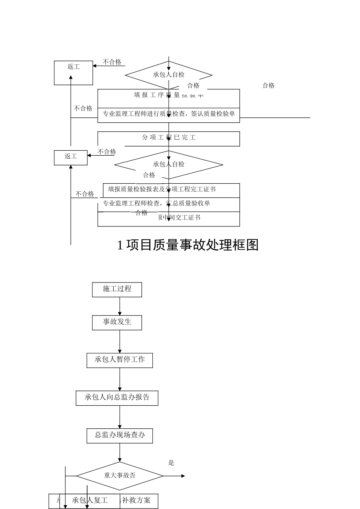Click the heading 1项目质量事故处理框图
click(x=188, y=245)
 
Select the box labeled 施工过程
click(x=117, y=289)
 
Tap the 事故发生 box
click(x=117, y=322)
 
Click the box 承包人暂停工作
click(x=120, y=360)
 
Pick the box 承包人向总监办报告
click(x=117, y=398)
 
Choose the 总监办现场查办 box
click(x=120, y=435)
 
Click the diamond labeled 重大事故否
click(x=120, y=476)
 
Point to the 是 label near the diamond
click(x=171, y=463)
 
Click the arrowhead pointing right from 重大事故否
click(x=183, y=476)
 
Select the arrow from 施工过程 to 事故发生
click(x=120, y=306)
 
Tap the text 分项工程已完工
click(x=169, y=137)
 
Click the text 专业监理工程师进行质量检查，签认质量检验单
click(x=169, y=114)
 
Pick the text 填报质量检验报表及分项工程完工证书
click(x=162, y=189)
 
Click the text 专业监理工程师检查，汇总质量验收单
click(x=156, y=203)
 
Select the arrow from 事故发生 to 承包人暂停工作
click(x=120, y=341)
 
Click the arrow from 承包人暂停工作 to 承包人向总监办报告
click(x=120, y=379)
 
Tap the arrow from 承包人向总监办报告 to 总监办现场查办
click(x=120, y=417)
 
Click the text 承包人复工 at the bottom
click(x=90, y=500)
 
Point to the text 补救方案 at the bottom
click(x=136, y=500)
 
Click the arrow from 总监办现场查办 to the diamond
click(x=120, y=453)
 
